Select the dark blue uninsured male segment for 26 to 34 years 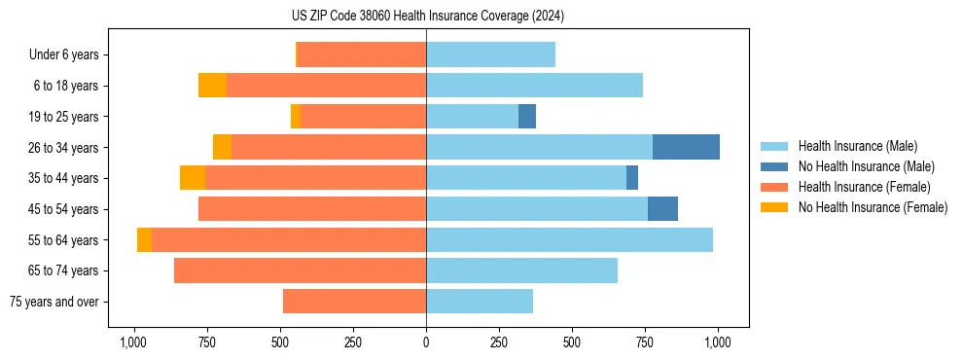pyautogui.click(x=686, y=147)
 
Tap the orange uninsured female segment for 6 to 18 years pyautogui.click(x=212, y=86)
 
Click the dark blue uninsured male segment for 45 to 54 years pyautogui.click(x=662, y=208)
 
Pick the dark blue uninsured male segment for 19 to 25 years pyautogui.click(x=527, y=117)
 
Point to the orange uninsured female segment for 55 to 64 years pyautogui.click(x=144, y=239)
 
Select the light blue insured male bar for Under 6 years pyautogui.click(x=490, y=54)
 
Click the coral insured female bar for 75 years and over pyautogui.click(x=354, y=302)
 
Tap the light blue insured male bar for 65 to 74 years pyautogui.click(x=521, y=270)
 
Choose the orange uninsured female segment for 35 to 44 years pyautogui.click(x=193, y=178)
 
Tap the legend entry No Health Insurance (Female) pyautogui.click(x=873, y=207)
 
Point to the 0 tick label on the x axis pyautogui.click(x=426, y=342)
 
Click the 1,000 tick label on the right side pyautogui.click(x=718, y=342)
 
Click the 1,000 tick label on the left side pyautogui.click(x=133, y=342)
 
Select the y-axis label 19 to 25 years pyautogui.click(x=64, y=117)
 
